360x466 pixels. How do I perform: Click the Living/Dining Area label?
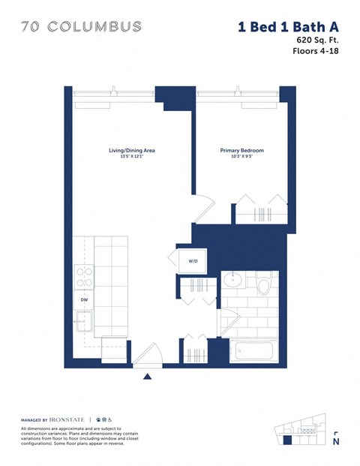[131, 151]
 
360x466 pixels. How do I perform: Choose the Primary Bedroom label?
[241, 151]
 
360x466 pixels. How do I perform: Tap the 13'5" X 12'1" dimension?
[131, 158]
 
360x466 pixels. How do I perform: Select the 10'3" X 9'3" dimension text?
[241, 158]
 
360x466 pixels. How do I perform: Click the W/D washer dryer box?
[193, 261]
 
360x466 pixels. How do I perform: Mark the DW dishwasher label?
[85, 299]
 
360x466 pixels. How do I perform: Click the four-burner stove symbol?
[84, 278]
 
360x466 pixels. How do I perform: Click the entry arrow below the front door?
[148, 377]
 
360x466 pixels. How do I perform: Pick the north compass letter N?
[335, 441]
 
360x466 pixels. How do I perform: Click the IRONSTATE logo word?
[70, 419]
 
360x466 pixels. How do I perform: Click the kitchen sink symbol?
[84, 321]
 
